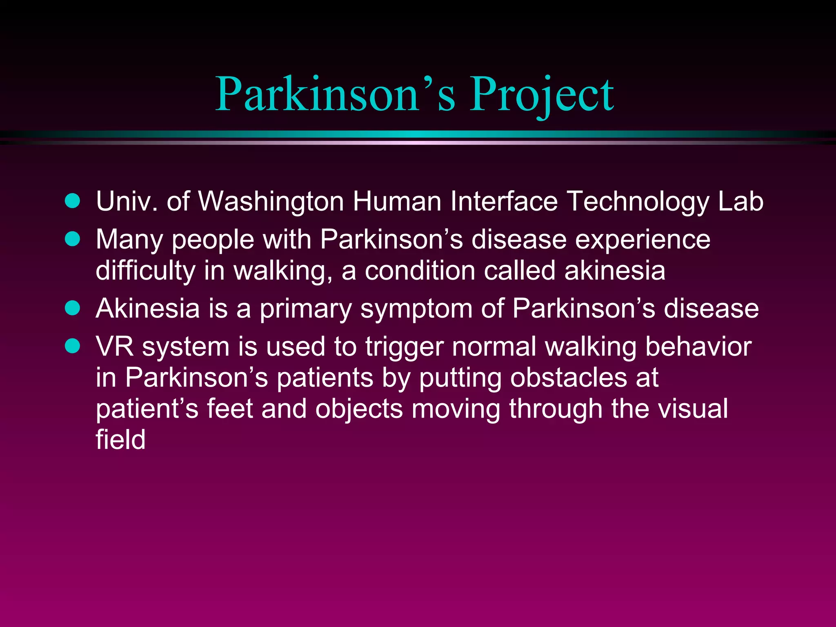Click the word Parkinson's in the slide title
[x=335, y=95]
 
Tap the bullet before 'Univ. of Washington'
[x=73, y=201]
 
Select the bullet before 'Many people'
[x=73, y=239]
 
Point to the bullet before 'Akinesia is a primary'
[x=73, y=308]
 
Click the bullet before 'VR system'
[x=73, y=346]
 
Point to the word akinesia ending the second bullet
[x=615, y=271]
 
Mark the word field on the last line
[x=120, y=440]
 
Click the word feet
[x=230, y=409]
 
